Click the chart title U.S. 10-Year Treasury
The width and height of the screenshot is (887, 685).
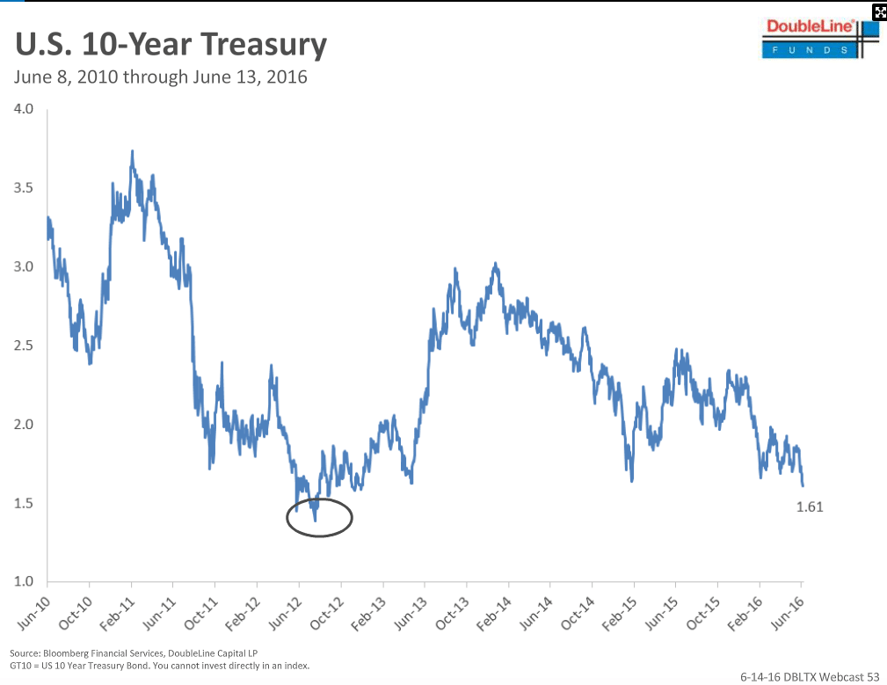(171, 45)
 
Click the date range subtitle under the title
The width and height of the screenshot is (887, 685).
(161, 77)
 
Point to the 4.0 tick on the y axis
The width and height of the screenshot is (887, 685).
(24, 109)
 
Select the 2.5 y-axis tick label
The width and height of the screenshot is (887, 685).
(24, 345)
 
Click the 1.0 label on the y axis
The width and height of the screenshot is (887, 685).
(24, 581)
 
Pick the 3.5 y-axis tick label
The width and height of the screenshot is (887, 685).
(24, 188)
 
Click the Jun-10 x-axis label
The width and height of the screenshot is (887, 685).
(34, 613)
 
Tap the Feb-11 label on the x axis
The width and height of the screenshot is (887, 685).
(118, 613)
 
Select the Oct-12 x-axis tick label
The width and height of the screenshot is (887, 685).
(327, 613)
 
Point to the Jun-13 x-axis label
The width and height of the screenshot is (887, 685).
(411, 613)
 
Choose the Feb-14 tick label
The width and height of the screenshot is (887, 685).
(494, 613)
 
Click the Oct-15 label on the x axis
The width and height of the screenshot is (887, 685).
(704, 613)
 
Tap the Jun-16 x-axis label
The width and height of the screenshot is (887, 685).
(788, 613)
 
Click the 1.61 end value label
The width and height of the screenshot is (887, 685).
(810, 506)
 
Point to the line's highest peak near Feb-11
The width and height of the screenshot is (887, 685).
(133, 151)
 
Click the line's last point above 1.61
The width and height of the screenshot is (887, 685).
(803, 485)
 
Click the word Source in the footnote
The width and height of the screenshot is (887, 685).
(25, 653)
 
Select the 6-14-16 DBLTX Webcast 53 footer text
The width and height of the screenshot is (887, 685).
(810, 676)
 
